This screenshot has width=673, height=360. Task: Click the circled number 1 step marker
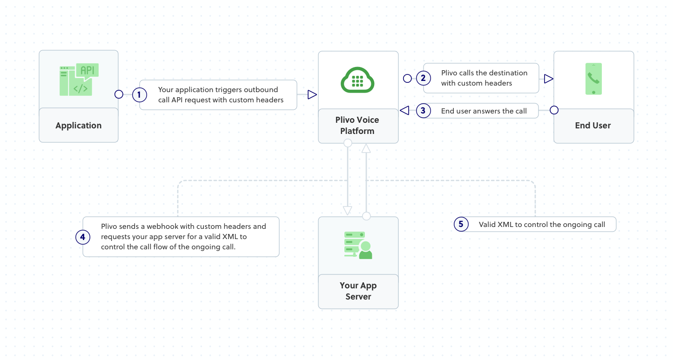(x=139, y=95)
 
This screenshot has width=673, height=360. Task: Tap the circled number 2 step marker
(x=423, y=78)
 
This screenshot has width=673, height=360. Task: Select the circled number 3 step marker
(x=423, y=111)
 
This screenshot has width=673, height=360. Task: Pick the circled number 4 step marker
(x=82, y=237)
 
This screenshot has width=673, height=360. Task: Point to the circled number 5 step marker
(x=461, y=225)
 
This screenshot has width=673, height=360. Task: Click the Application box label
(x=78, y=126)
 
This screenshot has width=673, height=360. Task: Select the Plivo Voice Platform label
(x=357, y=126)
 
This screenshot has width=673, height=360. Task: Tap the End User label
(x=592, y=126)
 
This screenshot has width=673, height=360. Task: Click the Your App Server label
(x=358, y=291)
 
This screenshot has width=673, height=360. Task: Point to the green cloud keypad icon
(x=357, y=80)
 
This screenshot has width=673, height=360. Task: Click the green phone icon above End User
(x=593, y=79)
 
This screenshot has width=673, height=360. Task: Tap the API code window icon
(x=79, y=80)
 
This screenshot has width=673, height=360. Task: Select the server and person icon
(x=358, y=246)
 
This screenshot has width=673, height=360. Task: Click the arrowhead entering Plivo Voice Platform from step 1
(x=312, y=95)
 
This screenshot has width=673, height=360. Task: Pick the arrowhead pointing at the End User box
(x=548, y=79)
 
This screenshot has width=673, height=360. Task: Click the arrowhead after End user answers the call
(x=404, y=111)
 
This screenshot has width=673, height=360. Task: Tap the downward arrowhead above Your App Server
(x=347, y=210)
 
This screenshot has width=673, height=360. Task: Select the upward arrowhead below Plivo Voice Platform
(x=366, y=148)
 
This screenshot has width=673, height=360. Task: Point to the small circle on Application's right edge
(x=119, y=94)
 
